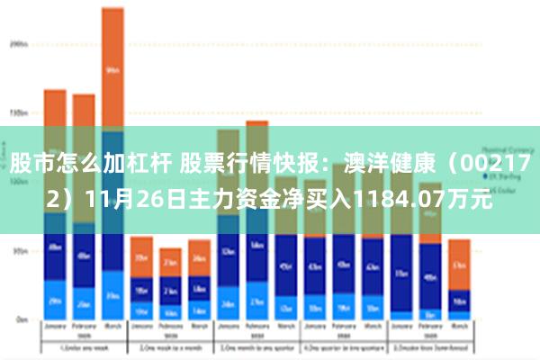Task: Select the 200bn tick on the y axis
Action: (x=17, y=42)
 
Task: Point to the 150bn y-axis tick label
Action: (x=17, y=113)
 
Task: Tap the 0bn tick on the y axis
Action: (x=19, y=319)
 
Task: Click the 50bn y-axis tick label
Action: (x=18, y=252)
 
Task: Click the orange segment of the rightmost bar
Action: (x=459, y=263)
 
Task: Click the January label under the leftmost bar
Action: (x=55, y=328)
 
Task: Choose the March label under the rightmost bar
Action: (x=459, y=328)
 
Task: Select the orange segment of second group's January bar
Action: (x=141, y=256)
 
